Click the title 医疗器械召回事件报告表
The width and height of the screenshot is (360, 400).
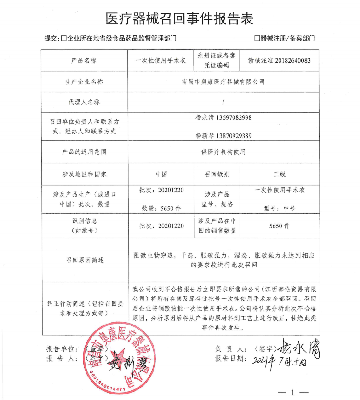tap(180, 19)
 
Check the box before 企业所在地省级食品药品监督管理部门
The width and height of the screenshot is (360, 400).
tap(64, 39)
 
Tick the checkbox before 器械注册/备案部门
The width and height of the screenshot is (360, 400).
tap(257, 39)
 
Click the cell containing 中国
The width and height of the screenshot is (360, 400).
tap(161, 174)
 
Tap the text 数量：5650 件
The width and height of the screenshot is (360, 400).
tap(160, 208)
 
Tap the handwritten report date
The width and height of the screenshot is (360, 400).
tap(285, 360)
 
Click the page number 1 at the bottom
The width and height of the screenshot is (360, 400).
tap(292, 393)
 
